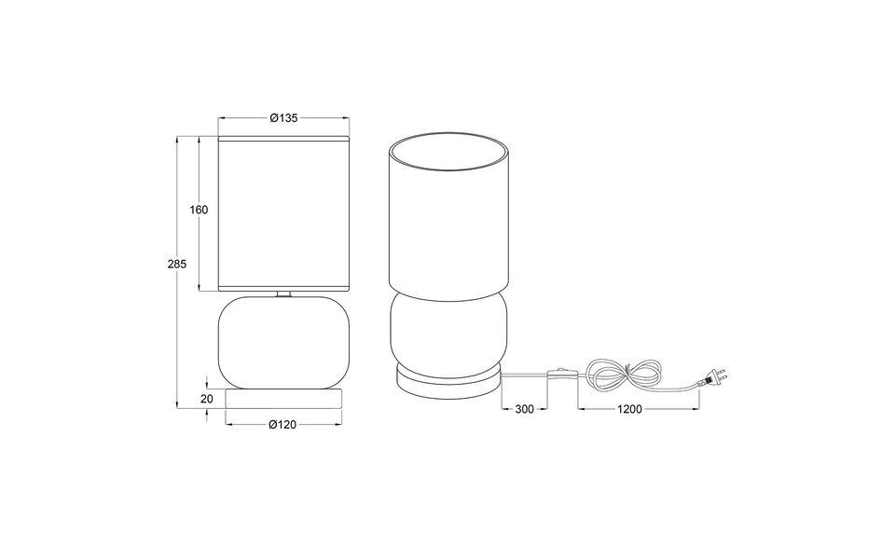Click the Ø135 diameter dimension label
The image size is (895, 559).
point(282,118)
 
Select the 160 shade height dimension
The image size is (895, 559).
point(199,210)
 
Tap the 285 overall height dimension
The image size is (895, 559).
point(177,264)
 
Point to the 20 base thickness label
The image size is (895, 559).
point(207,398)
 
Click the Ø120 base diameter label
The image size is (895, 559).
point(282,425)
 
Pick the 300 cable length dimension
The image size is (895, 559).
point(523,409)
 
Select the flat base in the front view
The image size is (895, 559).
point(282,399)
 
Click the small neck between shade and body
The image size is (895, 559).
point(282,294)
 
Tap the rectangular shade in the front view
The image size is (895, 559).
point(282,212)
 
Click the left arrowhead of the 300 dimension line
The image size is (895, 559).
point(504,409)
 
